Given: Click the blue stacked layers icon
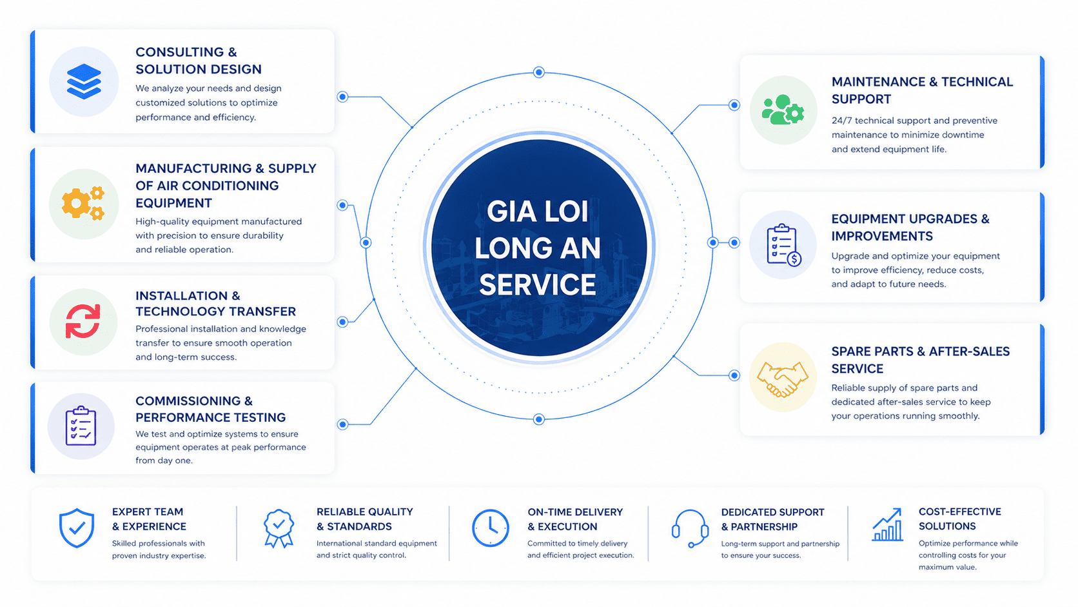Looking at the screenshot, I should point(84,82).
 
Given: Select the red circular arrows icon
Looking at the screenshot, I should point(83,321).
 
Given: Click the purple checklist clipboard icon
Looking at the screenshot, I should point(81,426).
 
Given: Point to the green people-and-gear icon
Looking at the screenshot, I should point(783,110).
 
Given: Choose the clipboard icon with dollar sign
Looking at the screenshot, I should point(783,245).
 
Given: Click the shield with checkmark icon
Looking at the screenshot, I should point(77,528).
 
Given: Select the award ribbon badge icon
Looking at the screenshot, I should point(279,528).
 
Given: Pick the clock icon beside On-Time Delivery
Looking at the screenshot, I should point(490,528).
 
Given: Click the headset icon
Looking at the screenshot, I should point(690,528).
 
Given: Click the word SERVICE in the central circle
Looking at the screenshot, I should point(538,285).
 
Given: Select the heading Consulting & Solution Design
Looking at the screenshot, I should point(199,61).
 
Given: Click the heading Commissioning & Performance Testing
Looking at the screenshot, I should point(210,409).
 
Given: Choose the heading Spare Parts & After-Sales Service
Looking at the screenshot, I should point(920,360).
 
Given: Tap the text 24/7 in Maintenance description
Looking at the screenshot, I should point(841,121).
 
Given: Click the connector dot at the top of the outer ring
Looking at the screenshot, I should point(539,72).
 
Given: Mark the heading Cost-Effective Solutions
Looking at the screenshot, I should point(959,519).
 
